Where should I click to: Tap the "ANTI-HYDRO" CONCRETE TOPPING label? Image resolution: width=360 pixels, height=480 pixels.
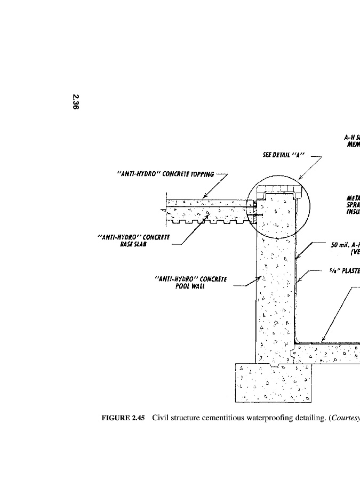[165, 174]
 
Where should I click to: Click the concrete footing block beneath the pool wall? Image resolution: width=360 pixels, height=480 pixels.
[273, 383]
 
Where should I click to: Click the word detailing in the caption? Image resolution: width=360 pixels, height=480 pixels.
[303, 418]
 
